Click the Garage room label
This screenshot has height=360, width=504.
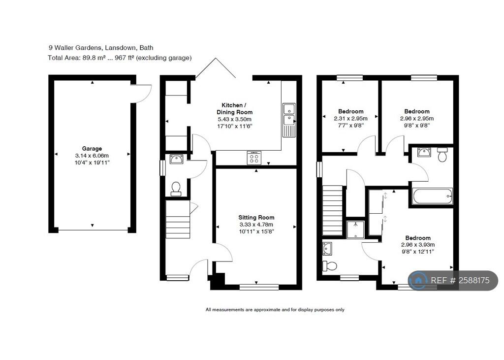click(92, 148)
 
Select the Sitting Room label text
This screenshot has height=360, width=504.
click(256, 217)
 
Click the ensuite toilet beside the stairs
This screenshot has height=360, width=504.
click(330, 266)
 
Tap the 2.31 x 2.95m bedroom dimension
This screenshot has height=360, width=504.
click(351, 118)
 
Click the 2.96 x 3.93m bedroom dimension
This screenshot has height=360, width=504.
click(418, 244)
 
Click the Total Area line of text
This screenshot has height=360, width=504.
click(120, 58)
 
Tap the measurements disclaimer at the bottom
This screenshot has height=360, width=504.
click(275, 310)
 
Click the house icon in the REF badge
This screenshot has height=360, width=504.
click(418, 281)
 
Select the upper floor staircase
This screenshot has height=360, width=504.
click(332, 211)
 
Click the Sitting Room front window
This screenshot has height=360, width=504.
click(259, 287)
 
